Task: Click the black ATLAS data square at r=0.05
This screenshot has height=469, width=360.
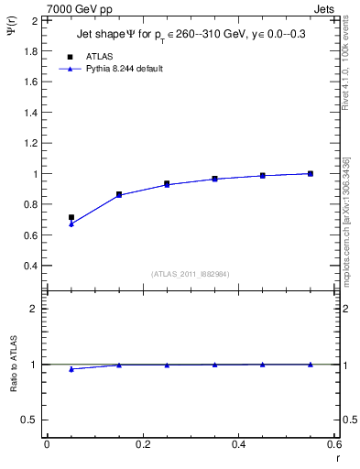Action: point(71,218)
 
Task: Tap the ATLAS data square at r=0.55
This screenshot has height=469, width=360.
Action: point(311,173)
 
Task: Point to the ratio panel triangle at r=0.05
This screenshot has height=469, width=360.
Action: point(71,369)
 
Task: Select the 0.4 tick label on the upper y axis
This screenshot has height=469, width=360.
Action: point(29,266)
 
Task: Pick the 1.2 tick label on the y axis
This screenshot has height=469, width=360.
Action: point(29,143)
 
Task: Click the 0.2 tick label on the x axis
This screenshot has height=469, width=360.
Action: point(142,444)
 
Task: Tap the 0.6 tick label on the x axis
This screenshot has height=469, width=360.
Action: point(333,444)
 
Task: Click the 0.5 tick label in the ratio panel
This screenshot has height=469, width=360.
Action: point(29,420)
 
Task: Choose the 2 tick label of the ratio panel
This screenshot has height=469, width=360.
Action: point(33,309)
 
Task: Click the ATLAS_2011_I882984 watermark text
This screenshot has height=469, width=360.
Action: point(191,273)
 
